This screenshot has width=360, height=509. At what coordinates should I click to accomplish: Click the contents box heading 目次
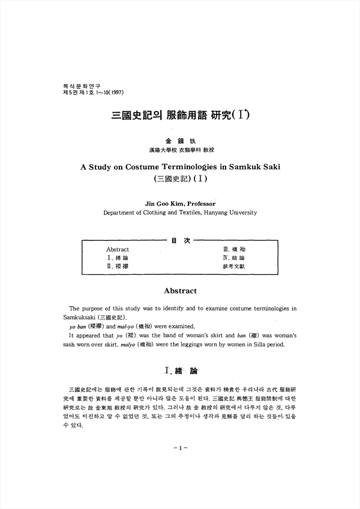click(181, 241)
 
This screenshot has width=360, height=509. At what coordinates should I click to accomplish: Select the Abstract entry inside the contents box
click(118, 249)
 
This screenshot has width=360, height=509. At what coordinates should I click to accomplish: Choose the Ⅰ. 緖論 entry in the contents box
click(116, 257)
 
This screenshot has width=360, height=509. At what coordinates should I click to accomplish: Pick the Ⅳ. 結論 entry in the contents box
click(233, 257)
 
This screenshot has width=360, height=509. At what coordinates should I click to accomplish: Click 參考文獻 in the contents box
click(233, 265)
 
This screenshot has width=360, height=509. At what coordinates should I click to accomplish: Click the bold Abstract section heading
click(180, 291)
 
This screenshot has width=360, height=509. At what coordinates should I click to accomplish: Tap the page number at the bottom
click(180, 447)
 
